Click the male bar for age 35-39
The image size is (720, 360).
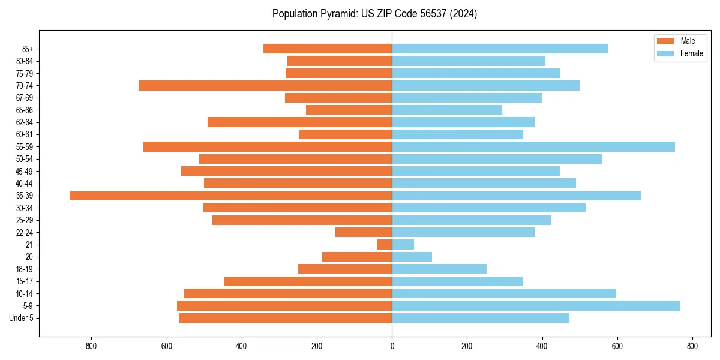click(231, 196)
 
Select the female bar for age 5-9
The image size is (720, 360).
click(536, 306)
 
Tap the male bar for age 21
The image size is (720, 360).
click(385, 245)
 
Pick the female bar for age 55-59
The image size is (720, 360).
click(533, 147)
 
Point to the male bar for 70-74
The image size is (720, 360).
click(265, 86)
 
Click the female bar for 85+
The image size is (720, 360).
click(500, 49)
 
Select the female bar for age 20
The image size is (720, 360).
click(412, 257)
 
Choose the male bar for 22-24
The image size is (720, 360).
click(364, 232)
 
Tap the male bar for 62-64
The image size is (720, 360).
click(300, 122)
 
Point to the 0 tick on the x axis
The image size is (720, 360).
click(392, 346)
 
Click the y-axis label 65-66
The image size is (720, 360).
click(25, 110)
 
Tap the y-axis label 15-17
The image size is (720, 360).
click(25, 281)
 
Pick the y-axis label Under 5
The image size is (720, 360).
click(22, 318)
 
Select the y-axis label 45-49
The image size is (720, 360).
click(25, 172)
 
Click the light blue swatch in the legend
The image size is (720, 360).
click(666, 53)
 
